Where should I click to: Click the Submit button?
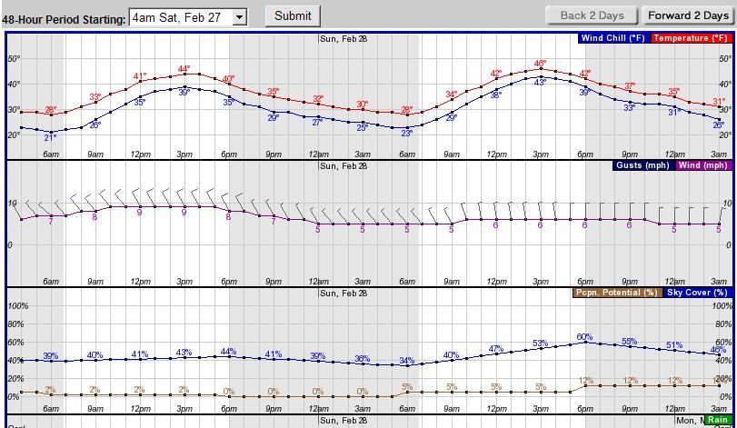[x=292, y=15]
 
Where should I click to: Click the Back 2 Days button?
[x=592, y=15]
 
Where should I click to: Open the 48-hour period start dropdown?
[x=188, y=16]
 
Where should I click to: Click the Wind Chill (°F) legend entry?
[x=613, y=38]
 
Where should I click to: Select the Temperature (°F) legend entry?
[x=690, y=38]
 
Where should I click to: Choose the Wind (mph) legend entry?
[x=702, y=165]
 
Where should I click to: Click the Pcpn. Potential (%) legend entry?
[x=615, y=293]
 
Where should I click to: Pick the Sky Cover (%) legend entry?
[x=696, y=293]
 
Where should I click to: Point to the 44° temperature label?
[x=184, y=69]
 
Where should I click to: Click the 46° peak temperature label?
[x=540, y=63]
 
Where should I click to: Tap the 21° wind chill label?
[x=50, y=137]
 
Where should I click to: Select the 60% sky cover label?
[x=584, y=337]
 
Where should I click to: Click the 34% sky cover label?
[x=406, y=361]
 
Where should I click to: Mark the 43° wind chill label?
[x=540, y=83]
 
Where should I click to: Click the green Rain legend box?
[x=717, y=421]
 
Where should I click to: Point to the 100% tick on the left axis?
[x=18, y=306]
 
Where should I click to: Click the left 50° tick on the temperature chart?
[x=14, y=58]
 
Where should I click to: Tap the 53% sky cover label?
[x=540, y=343]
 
